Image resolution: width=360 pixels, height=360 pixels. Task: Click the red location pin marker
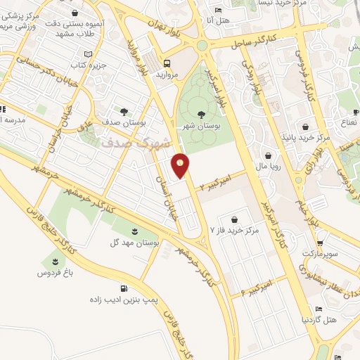point(181,165)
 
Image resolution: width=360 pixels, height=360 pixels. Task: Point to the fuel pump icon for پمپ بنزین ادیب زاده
point(124,288)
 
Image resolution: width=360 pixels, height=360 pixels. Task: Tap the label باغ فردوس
point(61,271)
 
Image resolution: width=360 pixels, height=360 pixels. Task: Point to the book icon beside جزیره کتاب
point(88,54)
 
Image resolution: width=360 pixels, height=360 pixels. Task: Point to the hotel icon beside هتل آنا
point(218,9)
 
